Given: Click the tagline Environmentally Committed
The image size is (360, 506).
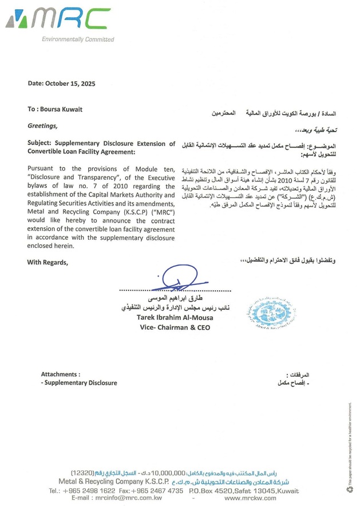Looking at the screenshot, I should point(77,39).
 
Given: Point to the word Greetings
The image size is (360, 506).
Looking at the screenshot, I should point(42,124).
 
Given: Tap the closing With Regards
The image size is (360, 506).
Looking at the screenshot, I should point(48,262).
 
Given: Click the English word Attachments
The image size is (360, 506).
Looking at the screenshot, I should point(60,374).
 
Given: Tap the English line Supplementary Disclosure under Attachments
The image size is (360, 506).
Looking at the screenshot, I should point(80,383).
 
